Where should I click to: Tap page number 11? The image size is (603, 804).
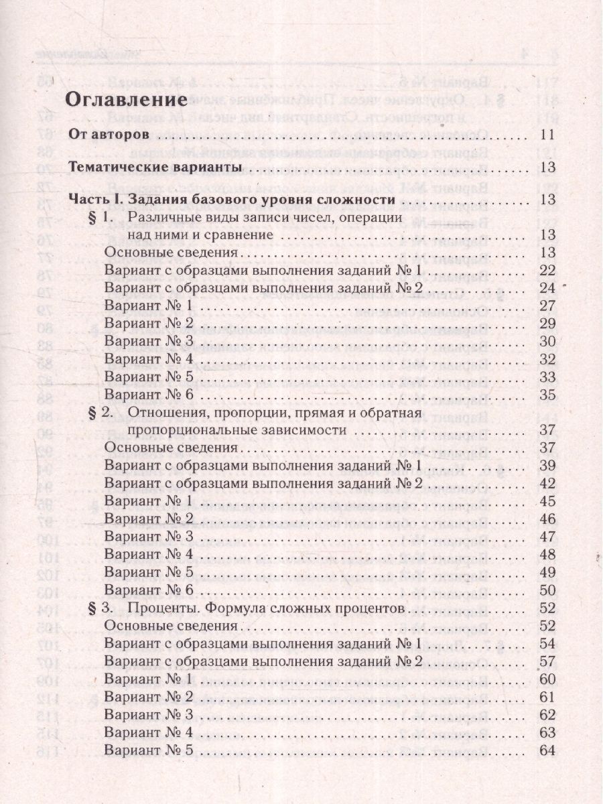[x=547, y=135]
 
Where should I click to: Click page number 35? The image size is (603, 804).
[x=547, y=394]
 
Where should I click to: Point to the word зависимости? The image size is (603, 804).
[x=304, y=429]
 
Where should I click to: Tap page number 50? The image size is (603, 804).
[x=547, y=590]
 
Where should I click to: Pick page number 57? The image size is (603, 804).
[x=547, y=661]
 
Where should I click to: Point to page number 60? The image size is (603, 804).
[x=547, y=679]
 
